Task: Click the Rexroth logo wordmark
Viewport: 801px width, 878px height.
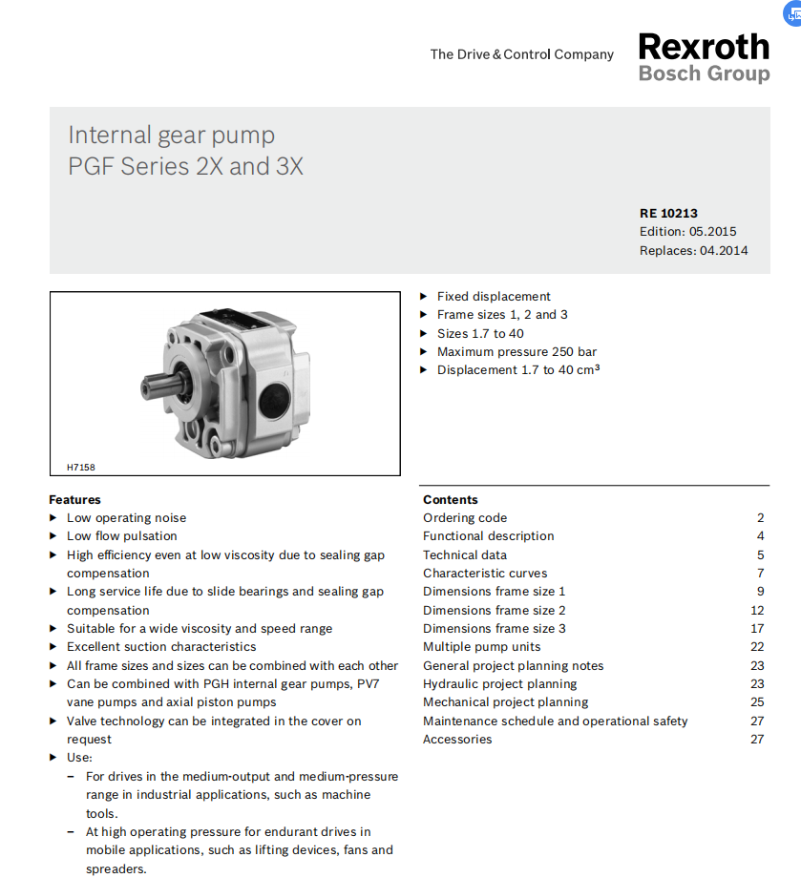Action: coord(704,46)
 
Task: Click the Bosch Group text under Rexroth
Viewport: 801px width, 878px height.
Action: coord(704,73)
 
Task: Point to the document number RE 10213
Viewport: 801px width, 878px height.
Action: coord(668,214)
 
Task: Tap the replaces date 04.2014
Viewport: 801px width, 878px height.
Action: coord(718,251)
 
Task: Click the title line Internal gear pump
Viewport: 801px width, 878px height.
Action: coord(172,136)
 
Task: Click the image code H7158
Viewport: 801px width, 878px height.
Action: coord(81,468)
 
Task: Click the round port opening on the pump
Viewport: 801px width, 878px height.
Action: coord(279,393)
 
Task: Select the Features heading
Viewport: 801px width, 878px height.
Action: coord(74,500)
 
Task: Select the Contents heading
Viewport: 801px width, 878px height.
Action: coord(451,500)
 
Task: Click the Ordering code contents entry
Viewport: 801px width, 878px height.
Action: coord(465,518)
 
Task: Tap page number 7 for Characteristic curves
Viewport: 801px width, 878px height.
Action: coord(761,574)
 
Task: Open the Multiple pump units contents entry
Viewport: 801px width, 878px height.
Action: coord(482,647)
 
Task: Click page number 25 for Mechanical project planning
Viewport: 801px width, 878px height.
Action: coord(757,702)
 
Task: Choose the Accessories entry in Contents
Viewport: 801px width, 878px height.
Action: coord(458,740)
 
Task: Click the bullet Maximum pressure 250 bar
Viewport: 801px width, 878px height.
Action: coord(516,352)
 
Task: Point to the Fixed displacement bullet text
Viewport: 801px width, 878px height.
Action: coord(494,297)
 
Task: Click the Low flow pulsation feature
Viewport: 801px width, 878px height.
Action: coord(122,536)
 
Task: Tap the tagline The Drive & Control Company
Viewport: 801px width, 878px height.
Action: coord(521,54)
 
